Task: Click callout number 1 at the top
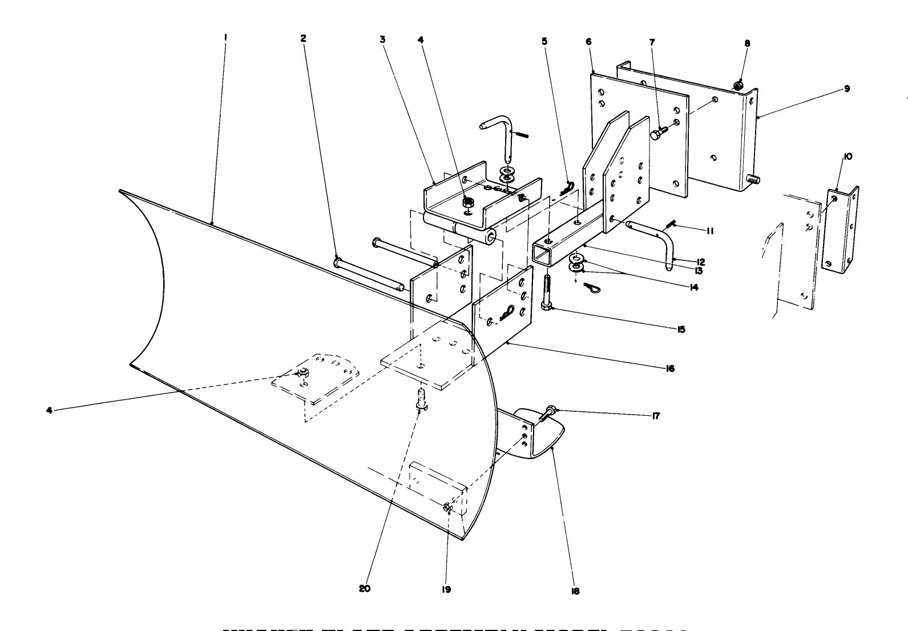point(226,38)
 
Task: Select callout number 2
point(303,38)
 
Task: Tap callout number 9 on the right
point(847,89)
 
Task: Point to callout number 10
point(848,156)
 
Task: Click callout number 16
point(670,368)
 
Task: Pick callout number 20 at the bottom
point(365,589)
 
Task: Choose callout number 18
point(575,592)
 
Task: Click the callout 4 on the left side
point(50,410)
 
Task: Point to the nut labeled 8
point(737,86)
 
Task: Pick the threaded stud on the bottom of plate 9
point(753,180)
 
